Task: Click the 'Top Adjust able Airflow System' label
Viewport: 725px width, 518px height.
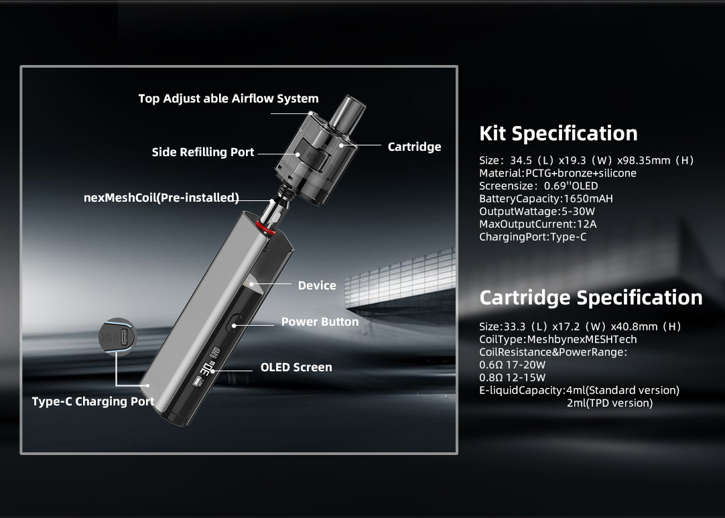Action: point(228,99)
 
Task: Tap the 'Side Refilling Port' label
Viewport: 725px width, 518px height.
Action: point(203,152)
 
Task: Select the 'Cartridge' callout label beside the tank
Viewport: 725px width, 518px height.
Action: point(414,147)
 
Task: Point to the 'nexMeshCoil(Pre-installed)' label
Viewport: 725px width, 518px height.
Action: point(161,198)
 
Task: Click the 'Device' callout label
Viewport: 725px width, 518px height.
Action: point(317,285)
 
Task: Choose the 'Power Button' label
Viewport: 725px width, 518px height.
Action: point(320,322)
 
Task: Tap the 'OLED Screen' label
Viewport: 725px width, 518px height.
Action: point(296,367)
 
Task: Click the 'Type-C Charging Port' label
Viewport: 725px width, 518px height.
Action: point(93,401)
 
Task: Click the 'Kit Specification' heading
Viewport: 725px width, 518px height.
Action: point(559,133)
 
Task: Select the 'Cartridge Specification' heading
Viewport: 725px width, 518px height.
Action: point(591,298)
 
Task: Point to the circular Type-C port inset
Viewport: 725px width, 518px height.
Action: point(118,336)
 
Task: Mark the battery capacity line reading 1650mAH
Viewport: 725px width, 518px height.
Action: point(546,199)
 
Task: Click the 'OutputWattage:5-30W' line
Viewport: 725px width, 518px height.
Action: point(537,211)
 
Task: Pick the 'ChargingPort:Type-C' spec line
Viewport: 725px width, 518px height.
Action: point(533,237)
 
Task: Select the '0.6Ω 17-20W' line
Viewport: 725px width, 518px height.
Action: point(513,365)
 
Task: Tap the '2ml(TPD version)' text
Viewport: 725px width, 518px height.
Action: point(610,403)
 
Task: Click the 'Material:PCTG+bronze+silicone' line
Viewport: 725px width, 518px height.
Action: point(557,173)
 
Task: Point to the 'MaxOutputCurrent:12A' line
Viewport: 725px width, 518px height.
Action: point(538,224)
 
